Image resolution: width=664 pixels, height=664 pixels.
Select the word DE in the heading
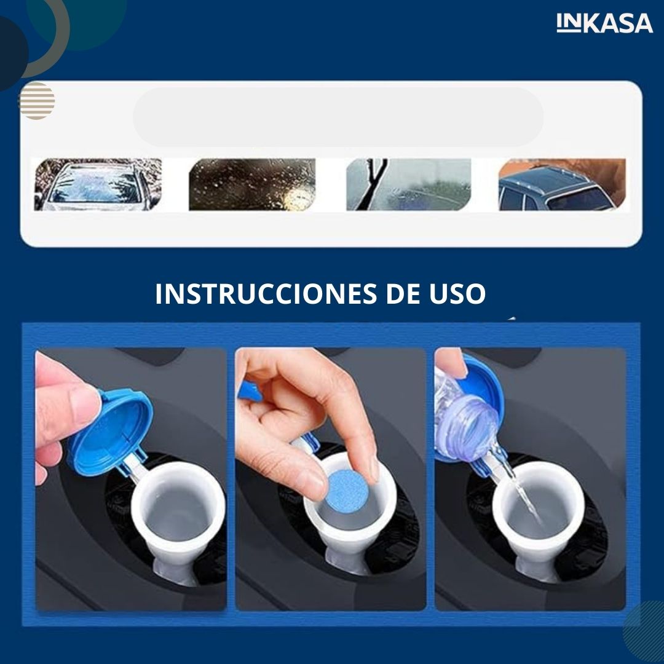pos(403,293)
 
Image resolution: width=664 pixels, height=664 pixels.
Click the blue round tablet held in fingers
pos(347,492)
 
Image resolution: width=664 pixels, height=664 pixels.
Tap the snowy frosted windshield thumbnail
pos(98,184)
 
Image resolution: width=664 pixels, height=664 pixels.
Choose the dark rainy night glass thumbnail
pos(252,184)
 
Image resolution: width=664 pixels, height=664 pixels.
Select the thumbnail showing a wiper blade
pos(409,184)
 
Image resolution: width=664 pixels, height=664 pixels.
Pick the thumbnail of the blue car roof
pos(563,184)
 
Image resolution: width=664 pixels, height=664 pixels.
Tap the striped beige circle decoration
pos(38,101)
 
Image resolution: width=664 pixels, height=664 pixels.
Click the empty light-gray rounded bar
pos(338,117)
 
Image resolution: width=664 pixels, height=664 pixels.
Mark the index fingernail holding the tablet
pos(374,468)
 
